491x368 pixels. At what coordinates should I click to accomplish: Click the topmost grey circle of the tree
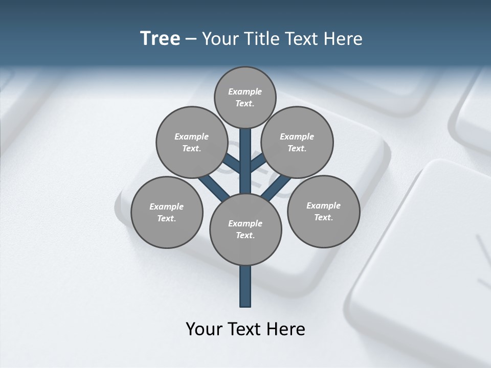(x=245, y=97)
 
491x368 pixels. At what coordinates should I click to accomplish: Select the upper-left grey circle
(x=192, y=142)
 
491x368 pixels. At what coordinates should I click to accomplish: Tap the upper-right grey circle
(x=297, y=142)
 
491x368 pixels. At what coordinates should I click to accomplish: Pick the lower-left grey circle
(x=167, y=212)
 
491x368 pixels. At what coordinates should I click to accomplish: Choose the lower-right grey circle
(x=323, y=211)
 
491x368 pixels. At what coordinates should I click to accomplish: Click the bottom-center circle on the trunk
(x=245, y=229)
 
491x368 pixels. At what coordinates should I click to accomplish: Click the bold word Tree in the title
(x=160, y=38)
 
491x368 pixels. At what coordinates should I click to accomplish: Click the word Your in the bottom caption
(x=205, y=329)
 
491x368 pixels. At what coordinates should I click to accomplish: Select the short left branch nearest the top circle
(x=232, y=164)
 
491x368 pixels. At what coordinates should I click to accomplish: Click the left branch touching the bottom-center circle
(x=215, y=187)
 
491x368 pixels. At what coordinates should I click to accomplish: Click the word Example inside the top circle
(x=245, y=91)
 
